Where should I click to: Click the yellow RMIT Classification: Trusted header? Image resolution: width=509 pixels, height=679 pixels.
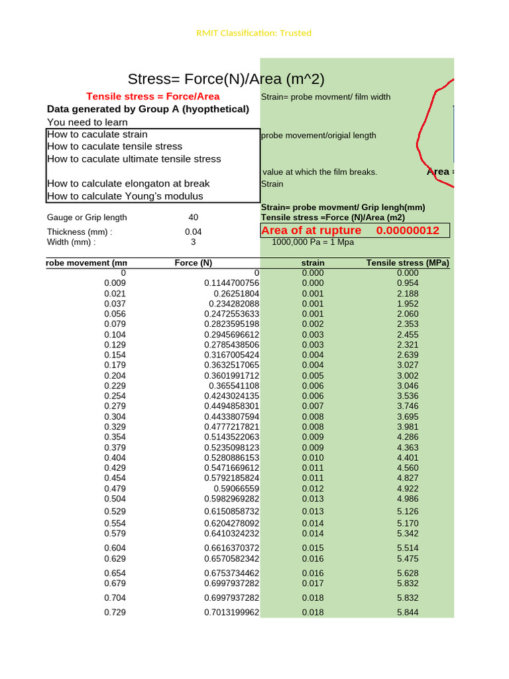254,33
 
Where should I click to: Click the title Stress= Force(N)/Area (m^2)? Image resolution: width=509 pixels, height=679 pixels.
226,80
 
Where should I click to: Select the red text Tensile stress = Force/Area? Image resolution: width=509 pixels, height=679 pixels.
153,97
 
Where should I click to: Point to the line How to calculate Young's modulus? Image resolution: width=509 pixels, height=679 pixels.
125,196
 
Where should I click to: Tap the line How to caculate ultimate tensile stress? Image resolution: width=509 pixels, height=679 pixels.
134,159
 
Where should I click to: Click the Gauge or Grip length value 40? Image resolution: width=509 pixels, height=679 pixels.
193,217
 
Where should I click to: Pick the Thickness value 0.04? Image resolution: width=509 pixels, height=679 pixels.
193,232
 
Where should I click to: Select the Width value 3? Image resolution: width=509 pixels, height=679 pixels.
193,242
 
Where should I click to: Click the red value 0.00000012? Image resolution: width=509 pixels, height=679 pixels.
408,231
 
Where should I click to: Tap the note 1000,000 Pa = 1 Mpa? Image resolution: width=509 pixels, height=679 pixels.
313,242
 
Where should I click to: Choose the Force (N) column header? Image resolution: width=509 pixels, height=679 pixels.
193,263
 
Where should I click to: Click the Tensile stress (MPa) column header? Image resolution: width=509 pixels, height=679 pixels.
408,263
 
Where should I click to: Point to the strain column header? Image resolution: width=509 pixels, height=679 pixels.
313,263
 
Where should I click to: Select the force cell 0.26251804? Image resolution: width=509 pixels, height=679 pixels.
236,294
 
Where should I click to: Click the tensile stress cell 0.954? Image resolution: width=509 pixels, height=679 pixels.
408,283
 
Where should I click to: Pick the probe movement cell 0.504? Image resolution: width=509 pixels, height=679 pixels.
115,499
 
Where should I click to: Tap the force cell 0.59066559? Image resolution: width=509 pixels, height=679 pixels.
236,489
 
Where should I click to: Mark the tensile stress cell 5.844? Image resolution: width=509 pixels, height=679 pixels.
408,613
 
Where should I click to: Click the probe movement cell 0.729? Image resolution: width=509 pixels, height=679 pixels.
115,613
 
